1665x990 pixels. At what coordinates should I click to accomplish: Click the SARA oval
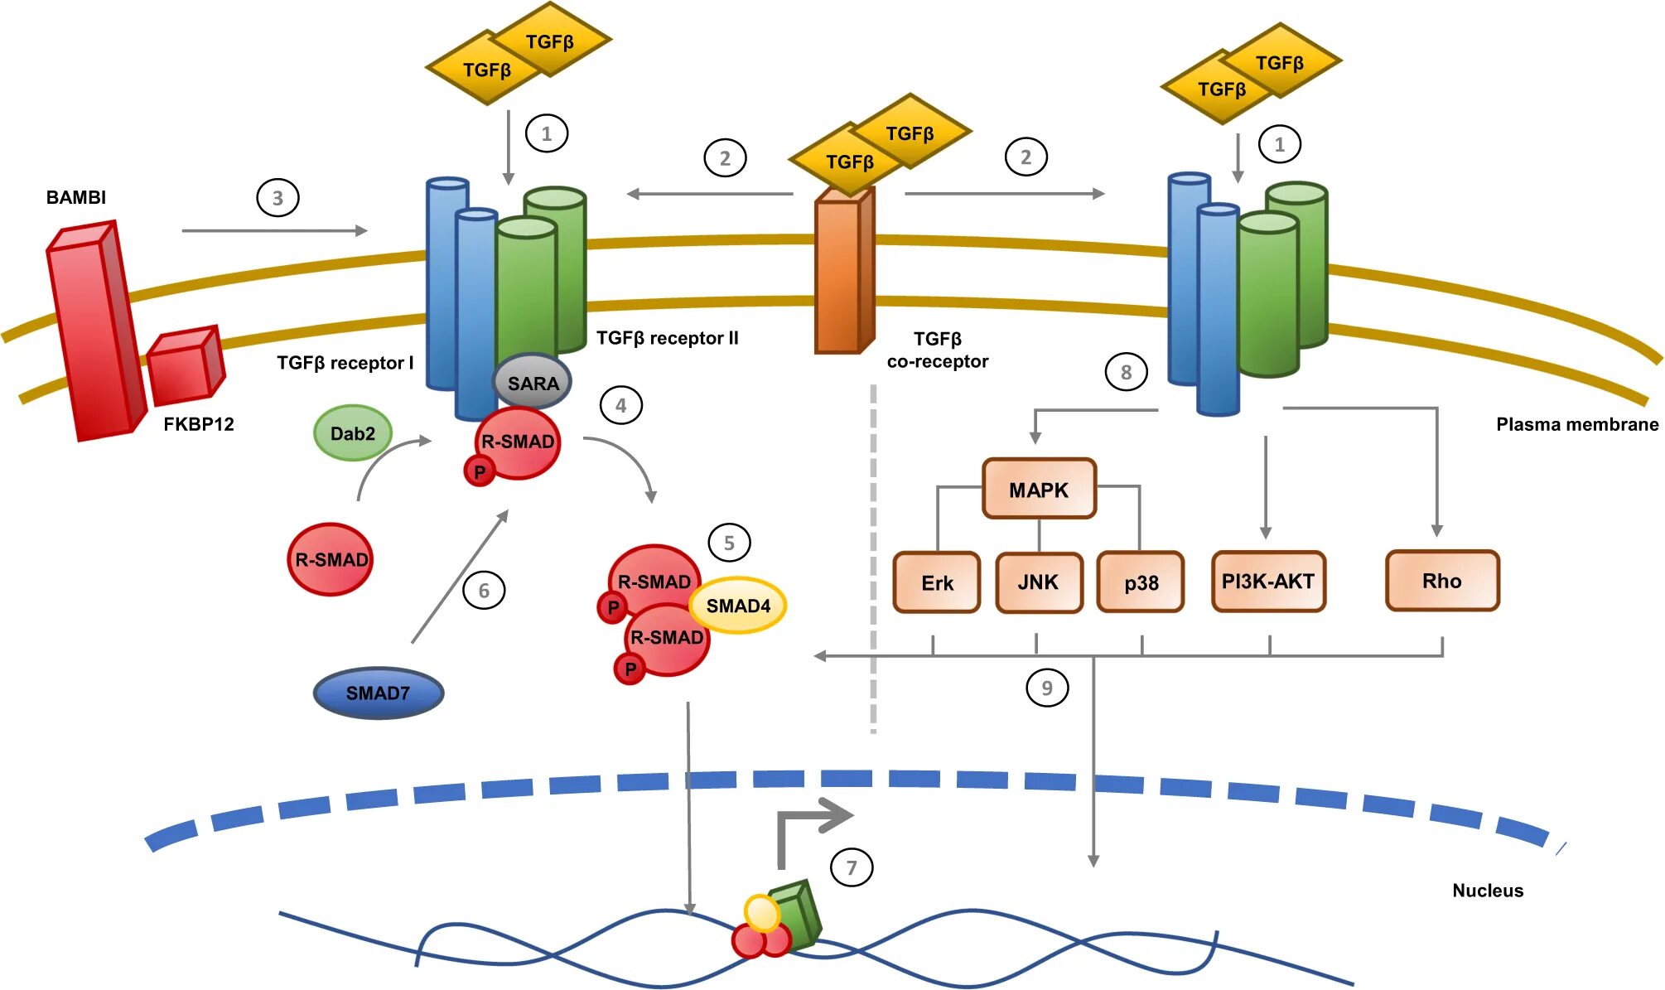tap(533, 382)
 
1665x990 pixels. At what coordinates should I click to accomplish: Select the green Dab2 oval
tap(352, 433)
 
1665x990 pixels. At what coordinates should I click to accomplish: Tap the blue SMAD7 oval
tap(379, 693)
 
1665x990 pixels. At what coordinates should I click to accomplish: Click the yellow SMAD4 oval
tap(737, 606)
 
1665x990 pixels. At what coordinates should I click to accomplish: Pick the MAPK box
tap(1039, 489)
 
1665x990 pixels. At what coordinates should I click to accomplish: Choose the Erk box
tap(937, 582)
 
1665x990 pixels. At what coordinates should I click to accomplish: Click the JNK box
tap(1039, 582)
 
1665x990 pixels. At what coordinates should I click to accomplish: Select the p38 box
tap(1141, 582)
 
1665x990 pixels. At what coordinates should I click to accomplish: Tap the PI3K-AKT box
tap(1268, 582)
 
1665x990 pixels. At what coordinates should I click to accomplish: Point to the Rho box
tap(1442, 581)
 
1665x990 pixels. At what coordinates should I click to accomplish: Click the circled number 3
tap(277, 198)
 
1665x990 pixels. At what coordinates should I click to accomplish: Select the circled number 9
tap(1047, 688)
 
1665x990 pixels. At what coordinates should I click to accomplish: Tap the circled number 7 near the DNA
tap(852, 867)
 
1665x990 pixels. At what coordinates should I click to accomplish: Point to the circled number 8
tap(1126, 372)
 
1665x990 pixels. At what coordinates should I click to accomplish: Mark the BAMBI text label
tap(76, 197)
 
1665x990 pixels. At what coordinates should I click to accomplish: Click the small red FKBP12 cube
tap(185, 365)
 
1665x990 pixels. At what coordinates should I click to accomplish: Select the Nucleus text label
tap(1488, 891)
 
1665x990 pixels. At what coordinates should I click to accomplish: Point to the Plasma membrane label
tap(1577, 424)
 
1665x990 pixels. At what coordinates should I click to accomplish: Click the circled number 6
tap(484, 591)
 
